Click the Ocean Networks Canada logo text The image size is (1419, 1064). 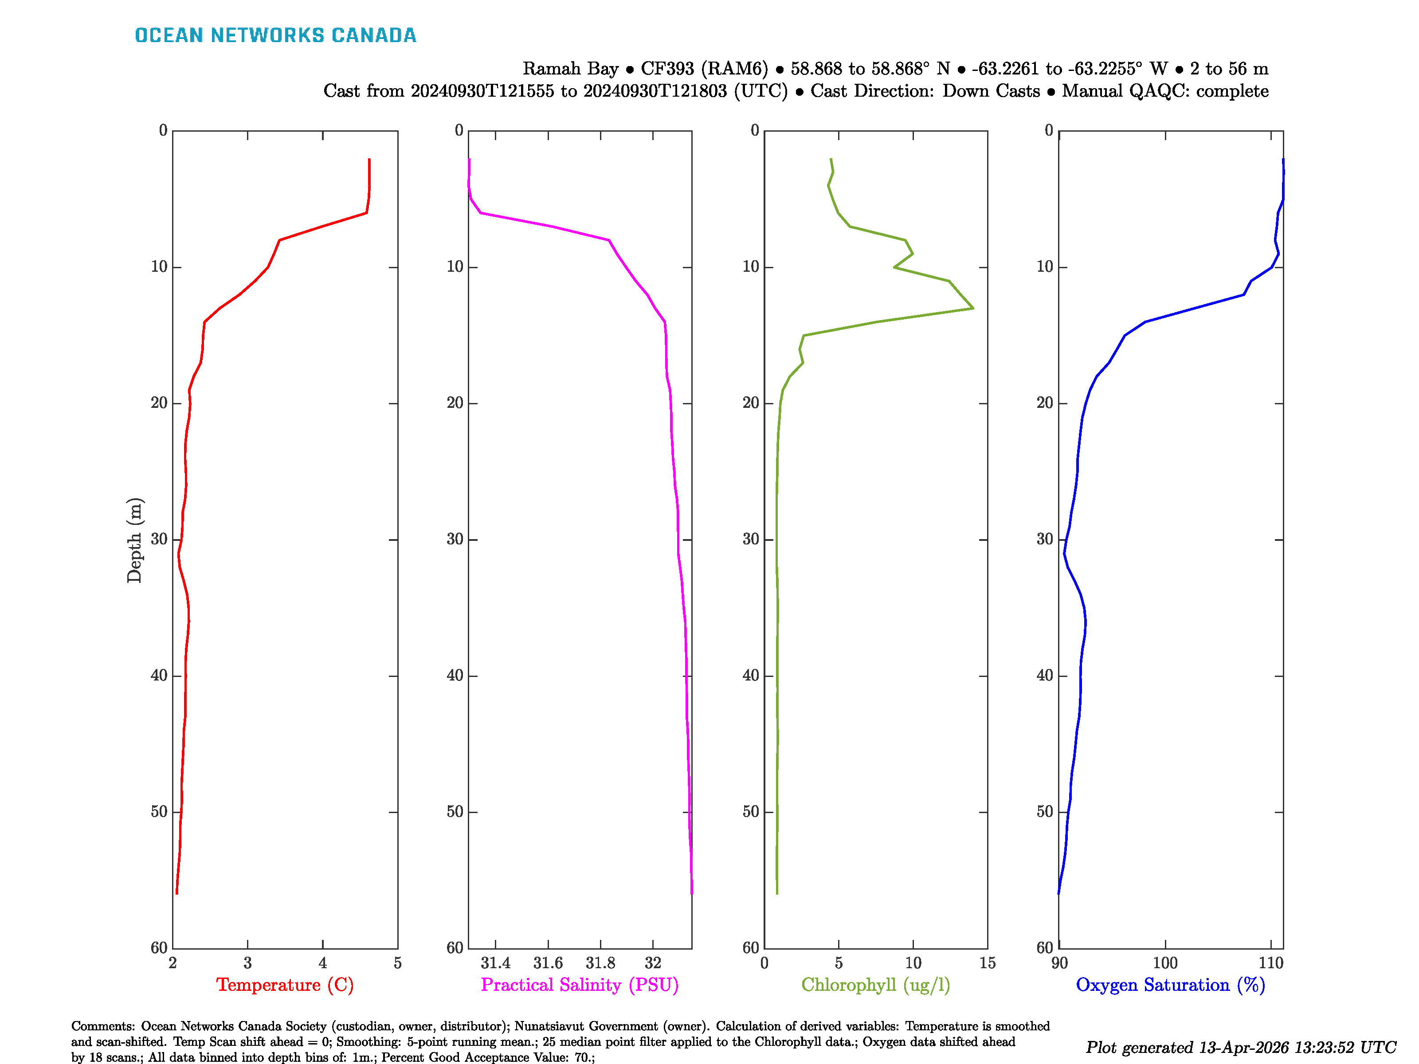tap(275, 35)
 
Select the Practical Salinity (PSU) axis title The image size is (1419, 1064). tap(580, 985)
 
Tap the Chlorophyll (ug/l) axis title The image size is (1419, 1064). tap(876, 985)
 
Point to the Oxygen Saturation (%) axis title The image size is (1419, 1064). tap(1170, 985)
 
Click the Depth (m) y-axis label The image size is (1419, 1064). tap(134, 540)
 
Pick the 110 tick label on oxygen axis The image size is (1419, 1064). tap(1271, 962)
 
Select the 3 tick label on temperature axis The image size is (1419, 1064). tap(247, 962)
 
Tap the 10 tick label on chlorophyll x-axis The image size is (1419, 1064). tap(913, 962)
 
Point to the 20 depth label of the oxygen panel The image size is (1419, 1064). tap(1045, 403)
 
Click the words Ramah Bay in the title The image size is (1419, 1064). tap(570, 69)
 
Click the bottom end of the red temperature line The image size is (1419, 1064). tap(176, 893)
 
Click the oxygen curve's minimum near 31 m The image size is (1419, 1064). tap(1064, 553)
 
